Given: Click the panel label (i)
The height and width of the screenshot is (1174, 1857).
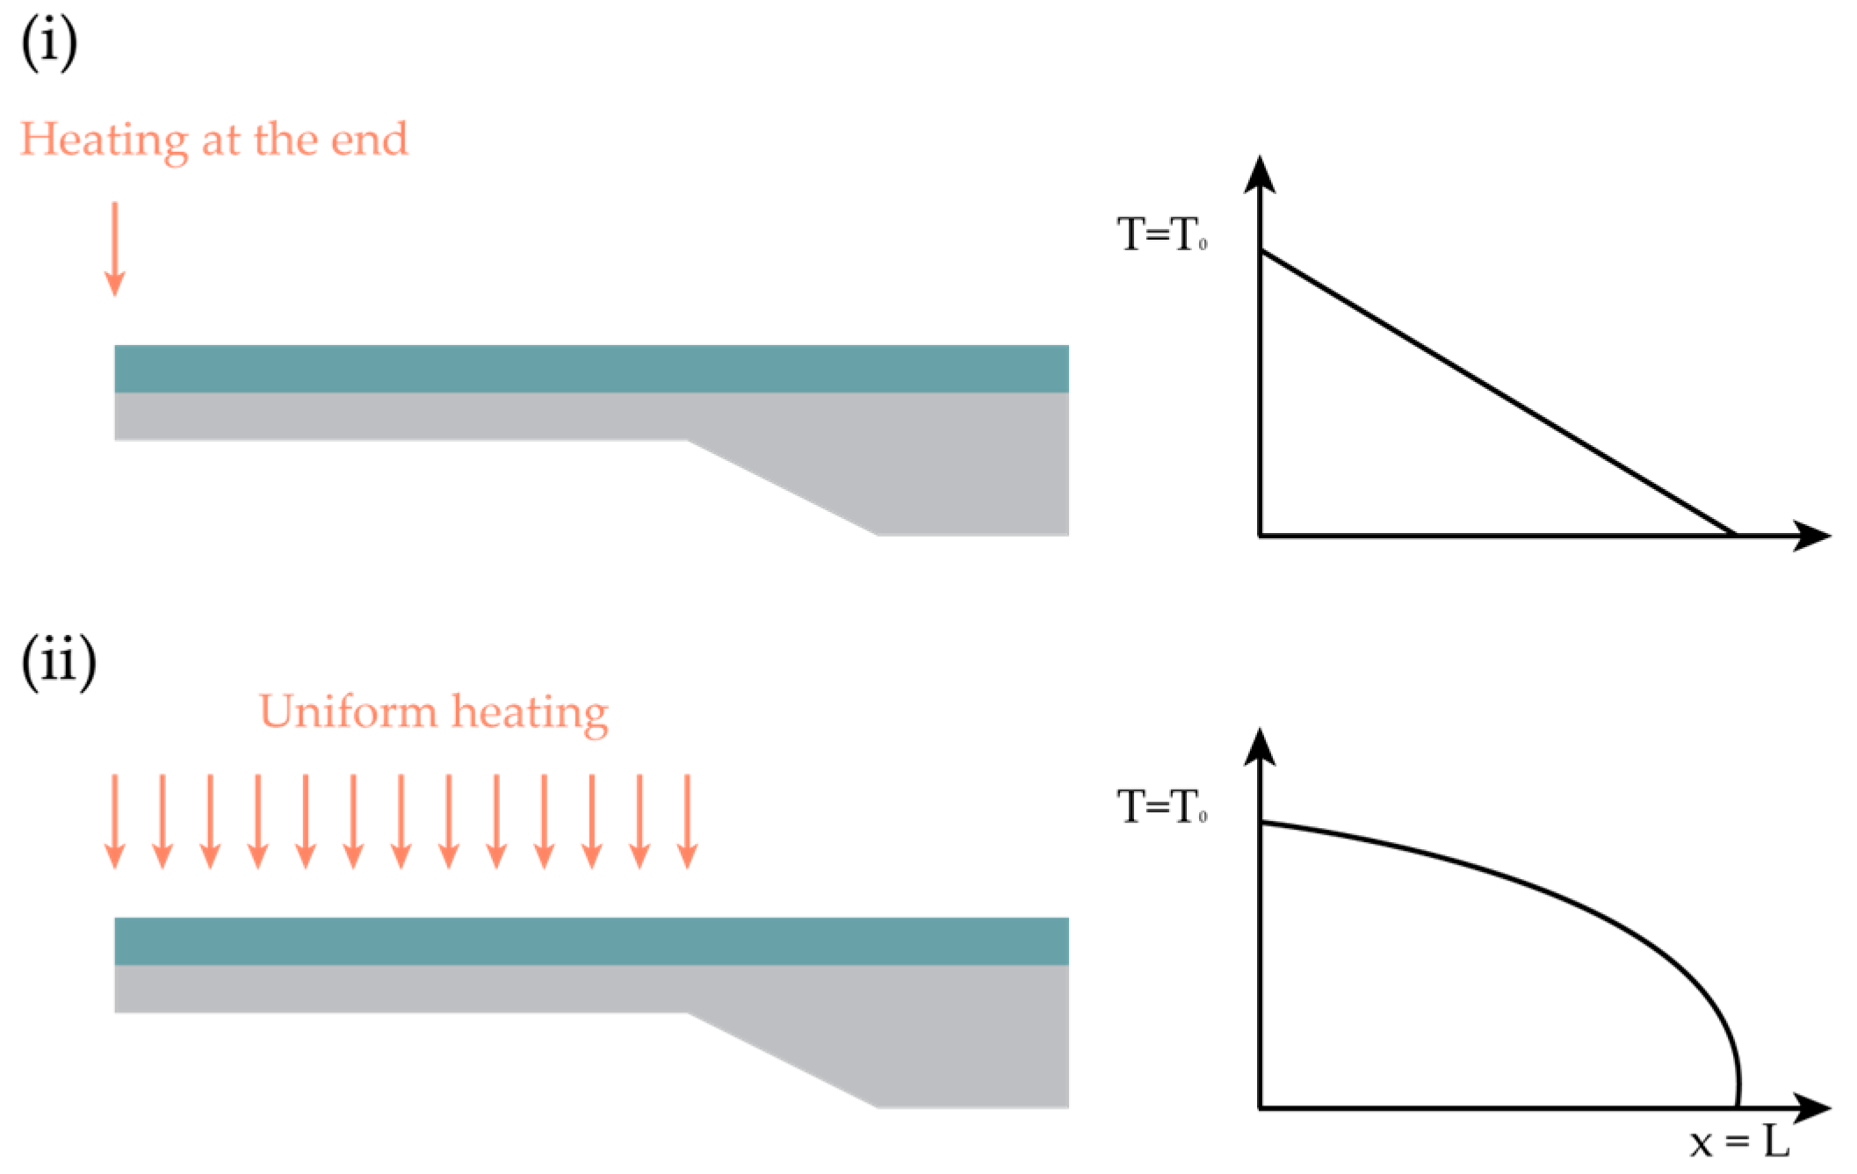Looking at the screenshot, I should click(x=49, y=42).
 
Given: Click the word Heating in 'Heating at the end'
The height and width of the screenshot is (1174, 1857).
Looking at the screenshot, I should click(x=104, y=140).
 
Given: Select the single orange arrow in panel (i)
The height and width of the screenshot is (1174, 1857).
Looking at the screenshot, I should click(x=114, y=249).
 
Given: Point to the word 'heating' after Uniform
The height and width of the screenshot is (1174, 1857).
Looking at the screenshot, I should click(x=530, y=713).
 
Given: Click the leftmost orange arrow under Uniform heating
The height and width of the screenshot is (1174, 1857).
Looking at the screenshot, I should click(x=114, y=822).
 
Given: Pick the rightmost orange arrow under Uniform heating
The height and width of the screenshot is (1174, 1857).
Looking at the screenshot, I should click(x=688, y=822).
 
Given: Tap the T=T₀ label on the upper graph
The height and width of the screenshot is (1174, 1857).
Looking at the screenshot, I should click(x=1161, y=234).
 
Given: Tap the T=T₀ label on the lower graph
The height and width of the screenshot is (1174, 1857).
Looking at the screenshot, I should click(x=1161, y=806).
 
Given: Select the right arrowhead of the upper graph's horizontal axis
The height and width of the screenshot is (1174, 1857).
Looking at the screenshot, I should click(x=1811, y=535).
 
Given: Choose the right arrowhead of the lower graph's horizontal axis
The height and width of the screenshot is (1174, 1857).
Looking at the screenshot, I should click(x=1811, y=1108).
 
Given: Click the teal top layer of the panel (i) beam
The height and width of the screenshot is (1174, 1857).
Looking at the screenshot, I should click(x=591, y=369).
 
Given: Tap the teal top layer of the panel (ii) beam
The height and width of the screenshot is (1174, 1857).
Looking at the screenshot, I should click(x=591, y=941).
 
